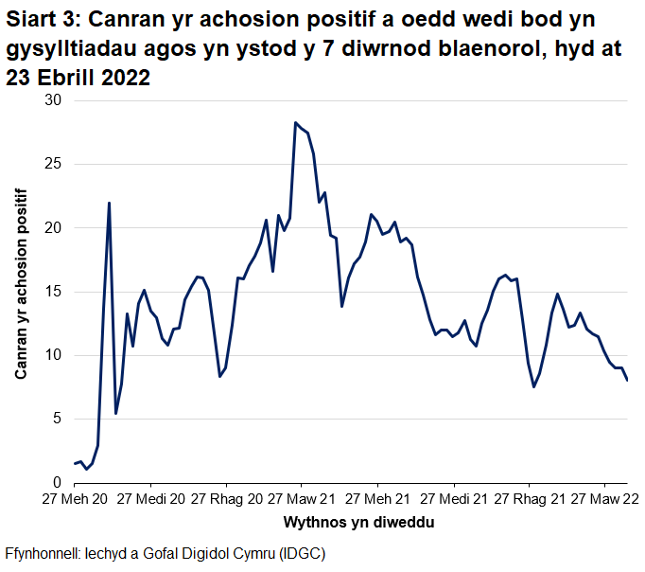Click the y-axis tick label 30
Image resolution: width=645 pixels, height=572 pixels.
(51, 100)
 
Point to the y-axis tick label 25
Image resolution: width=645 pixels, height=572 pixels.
(51, 164)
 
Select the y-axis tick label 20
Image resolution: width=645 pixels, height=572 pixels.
(51, 227)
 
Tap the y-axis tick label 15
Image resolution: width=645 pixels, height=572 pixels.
(51, 292)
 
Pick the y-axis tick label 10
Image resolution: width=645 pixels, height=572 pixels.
(51, 355)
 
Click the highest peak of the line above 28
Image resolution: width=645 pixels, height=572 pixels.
(295, 122)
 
